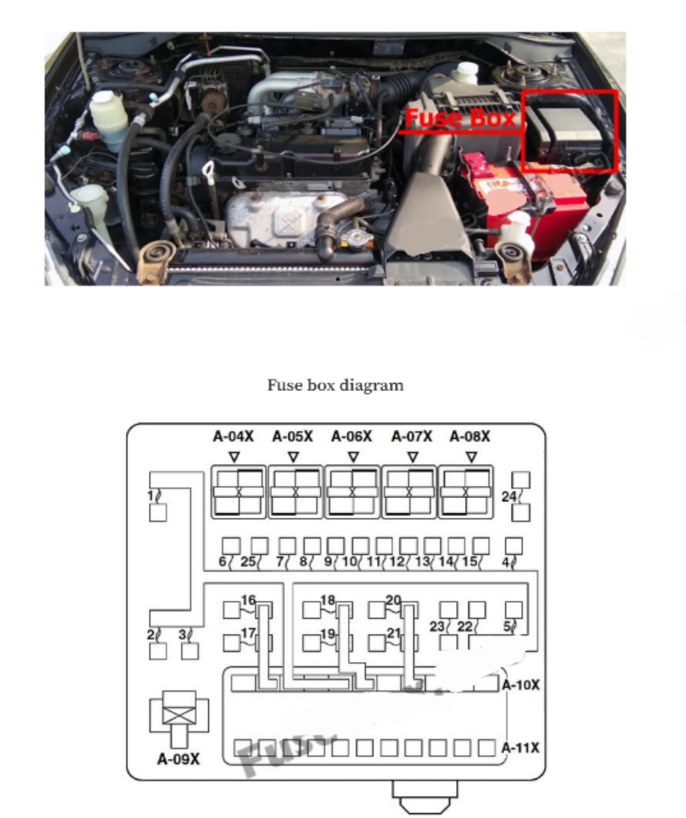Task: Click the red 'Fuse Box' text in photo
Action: point(460,118)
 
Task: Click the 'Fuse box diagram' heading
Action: point(335,385)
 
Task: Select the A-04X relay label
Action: point(233,437)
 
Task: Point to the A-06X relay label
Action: point(351,437)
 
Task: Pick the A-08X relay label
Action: point(470,437)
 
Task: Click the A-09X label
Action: point(179,759)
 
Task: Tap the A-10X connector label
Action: point(521,685)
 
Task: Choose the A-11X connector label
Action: point(521,748)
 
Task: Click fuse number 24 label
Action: point(509,497)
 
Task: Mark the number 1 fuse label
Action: point(151,495)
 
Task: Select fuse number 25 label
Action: point(248,562)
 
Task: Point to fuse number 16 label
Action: point(248,600)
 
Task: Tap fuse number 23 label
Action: point(437,627)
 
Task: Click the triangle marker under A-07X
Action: point(413,456)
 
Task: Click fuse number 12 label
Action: point(396,562)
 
